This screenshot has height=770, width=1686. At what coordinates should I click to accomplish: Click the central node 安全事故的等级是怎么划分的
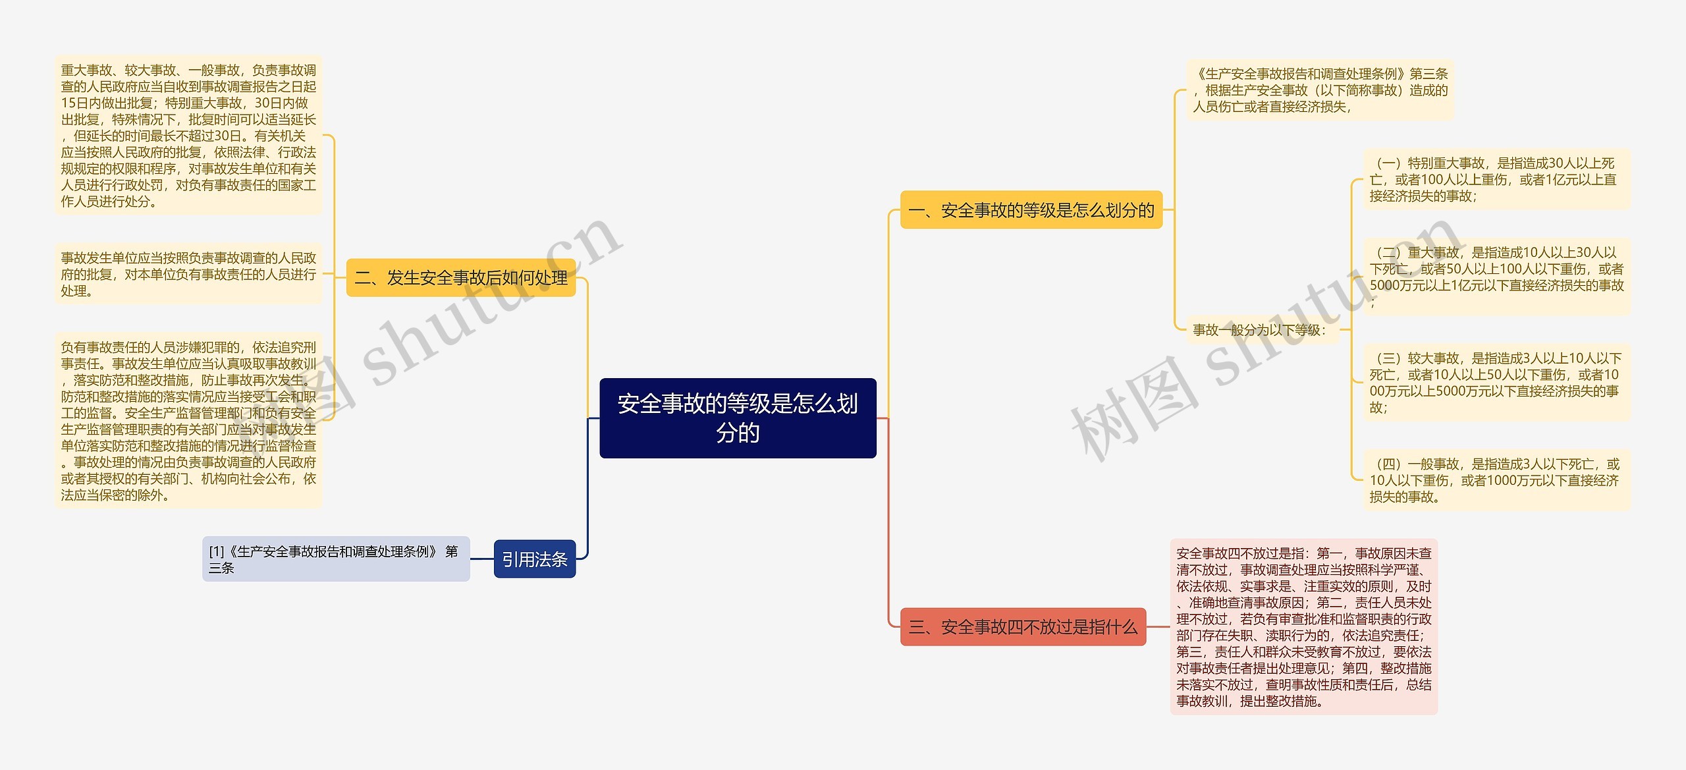point(738,418)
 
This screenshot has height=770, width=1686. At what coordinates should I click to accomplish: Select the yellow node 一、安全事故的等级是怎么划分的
point(1031,210)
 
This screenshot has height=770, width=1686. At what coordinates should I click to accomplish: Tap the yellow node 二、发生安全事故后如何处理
point(460,277)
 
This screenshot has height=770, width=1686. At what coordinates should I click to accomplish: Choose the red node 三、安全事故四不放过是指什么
point(1022,626)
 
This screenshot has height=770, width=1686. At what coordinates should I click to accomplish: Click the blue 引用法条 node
point(534,559)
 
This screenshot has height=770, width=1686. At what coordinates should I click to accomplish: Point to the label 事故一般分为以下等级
point(1259,330)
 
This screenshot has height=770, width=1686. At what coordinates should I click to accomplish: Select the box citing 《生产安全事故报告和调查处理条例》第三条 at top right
point(1320,90)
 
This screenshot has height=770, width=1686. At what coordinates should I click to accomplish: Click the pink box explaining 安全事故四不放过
point(1303,626)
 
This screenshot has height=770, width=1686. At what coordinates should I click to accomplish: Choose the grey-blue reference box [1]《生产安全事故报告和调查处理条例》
point(335,559)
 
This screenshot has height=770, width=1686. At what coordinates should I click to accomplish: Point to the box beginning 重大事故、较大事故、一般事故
point(188,136)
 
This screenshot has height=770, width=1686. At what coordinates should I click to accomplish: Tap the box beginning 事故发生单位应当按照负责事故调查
point(188,274)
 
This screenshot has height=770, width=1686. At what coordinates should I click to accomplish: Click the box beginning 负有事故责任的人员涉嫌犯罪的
point(188,421)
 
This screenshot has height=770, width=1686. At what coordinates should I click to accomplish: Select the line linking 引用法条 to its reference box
point(482,559)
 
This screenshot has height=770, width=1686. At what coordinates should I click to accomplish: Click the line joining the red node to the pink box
point(1158,626)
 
